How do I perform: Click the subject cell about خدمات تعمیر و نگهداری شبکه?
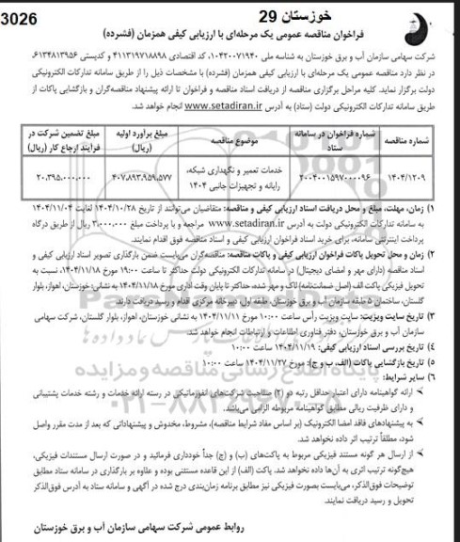tap(247, 176)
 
